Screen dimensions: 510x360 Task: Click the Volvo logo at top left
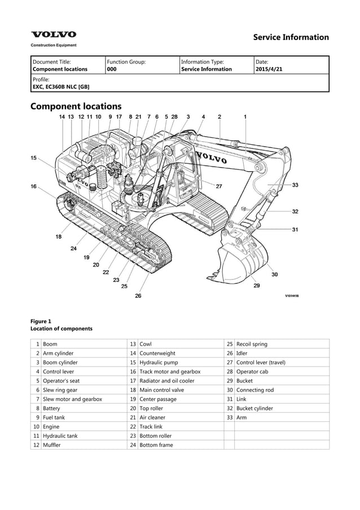pyautogui.click(x=54, y=35)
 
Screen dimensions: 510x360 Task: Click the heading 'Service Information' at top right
pyautogui.click(x=291, y=37)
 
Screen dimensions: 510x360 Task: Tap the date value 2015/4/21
pyautogui.click(x=270, y=69)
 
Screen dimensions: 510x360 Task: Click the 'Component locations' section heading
pyautogui.click(x=76, y=106)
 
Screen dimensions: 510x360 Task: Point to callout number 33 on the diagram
pyautogui.click(x=295, y=185)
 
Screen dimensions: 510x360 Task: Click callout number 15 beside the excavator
pyautogui.click(x=34, y=158)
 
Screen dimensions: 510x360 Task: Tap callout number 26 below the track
pyautogui.click(x=138, y=295)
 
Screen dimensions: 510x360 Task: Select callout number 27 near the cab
pyautogui.click(x=219, y=186)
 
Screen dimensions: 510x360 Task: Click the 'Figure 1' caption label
pyautogui.click(x=41, y=321)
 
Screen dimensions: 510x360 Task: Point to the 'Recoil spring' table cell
pyautogui.click(x=252, y=344)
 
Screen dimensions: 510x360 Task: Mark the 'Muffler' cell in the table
pyautogui.click(x=52, y=444)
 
